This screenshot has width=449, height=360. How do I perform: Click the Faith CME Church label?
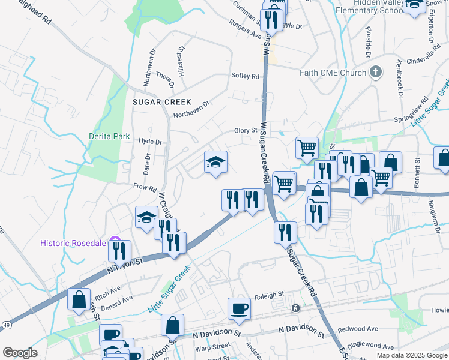click(x=333, y=73)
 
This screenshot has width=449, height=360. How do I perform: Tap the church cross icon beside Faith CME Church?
click(x=376, y=73)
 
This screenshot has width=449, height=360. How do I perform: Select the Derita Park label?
click(x=110, y=136)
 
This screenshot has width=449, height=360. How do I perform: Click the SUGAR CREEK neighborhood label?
click(x=161, y=102)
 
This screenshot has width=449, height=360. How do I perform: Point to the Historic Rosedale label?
click(x=72, y=243)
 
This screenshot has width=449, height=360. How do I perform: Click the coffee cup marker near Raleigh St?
click(x=239, y=308)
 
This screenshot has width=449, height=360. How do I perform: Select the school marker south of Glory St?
click(x=215, y=162)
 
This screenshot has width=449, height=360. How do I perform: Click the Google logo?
click(x=20, y=353)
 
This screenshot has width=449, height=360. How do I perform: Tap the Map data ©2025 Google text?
click(x=411, y=355)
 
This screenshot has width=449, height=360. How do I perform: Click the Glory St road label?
click(x=246, y=131)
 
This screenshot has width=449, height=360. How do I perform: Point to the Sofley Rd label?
click(x=245, y=76)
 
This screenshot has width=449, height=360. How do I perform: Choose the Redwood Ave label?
click(x=358, y=329)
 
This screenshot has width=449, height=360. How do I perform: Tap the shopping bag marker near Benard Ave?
click(x=79, y=299)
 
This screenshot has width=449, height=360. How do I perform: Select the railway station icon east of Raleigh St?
click(x=295, y=308)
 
